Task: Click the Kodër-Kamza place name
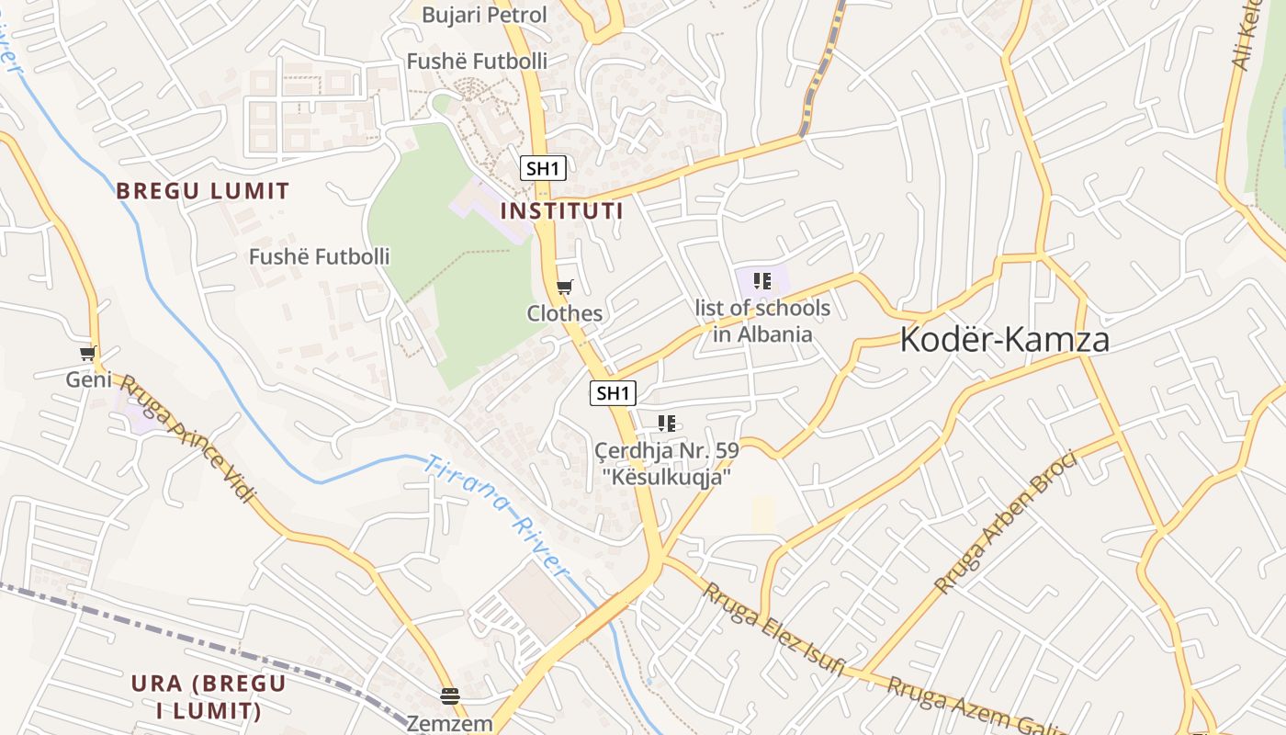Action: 1004,340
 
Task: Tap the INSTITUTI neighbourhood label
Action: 561,211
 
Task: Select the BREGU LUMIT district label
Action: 202,191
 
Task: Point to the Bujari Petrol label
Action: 484,15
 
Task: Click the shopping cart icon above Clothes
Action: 564,288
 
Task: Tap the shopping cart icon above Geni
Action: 88,354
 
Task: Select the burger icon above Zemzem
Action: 449,696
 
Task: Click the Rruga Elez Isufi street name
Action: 773,629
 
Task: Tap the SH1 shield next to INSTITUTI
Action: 543,168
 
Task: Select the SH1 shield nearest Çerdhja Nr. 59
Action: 613,394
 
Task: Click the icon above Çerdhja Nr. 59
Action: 667,424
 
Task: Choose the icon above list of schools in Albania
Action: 761,281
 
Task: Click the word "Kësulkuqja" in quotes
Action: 667,477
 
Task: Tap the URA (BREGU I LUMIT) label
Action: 209,697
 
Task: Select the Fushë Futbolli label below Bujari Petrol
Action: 477,62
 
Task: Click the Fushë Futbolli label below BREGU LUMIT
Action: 320,256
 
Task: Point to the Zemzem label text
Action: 450,723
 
